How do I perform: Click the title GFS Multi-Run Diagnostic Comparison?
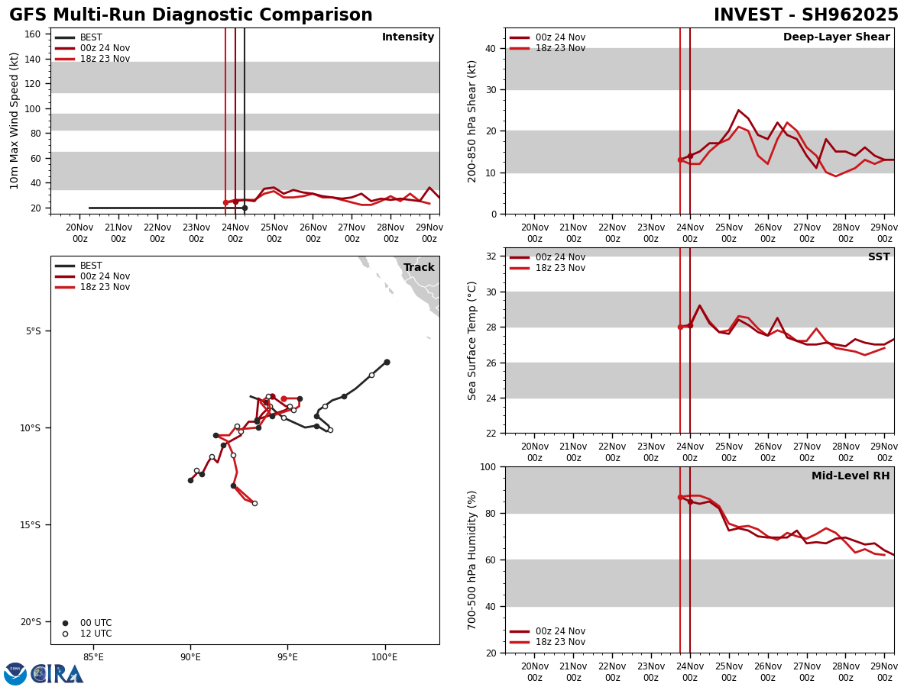point(191,15)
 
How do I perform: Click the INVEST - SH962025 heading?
point(805,15)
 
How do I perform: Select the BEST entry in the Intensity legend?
point(91,37)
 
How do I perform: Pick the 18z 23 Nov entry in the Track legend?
point(105,287)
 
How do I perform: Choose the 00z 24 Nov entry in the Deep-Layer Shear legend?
point(560,37)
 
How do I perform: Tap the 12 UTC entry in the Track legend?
point(96,634)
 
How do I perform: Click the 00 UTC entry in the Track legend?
point(96,623)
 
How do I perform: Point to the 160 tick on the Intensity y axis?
point(32,34)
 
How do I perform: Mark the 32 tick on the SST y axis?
point(491,256)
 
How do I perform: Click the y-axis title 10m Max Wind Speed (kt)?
point(15,121)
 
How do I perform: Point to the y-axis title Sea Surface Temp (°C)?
point(473,340)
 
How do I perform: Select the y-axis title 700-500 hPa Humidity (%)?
point(473,560)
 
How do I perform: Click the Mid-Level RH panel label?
point(850,476)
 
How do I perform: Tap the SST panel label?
point(878,257)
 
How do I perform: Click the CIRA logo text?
point(57,674)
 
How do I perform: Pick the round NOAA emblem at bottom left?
point(15,674)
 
